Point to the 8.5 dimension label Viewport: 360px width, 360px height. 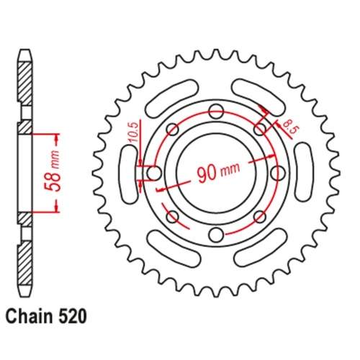(x=289, y=128)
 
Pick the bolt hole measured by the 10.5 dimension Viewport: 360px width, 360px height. (x=153, y=173)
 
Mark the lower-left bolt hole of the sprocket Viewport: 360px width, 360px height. (x=172, y=216)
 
